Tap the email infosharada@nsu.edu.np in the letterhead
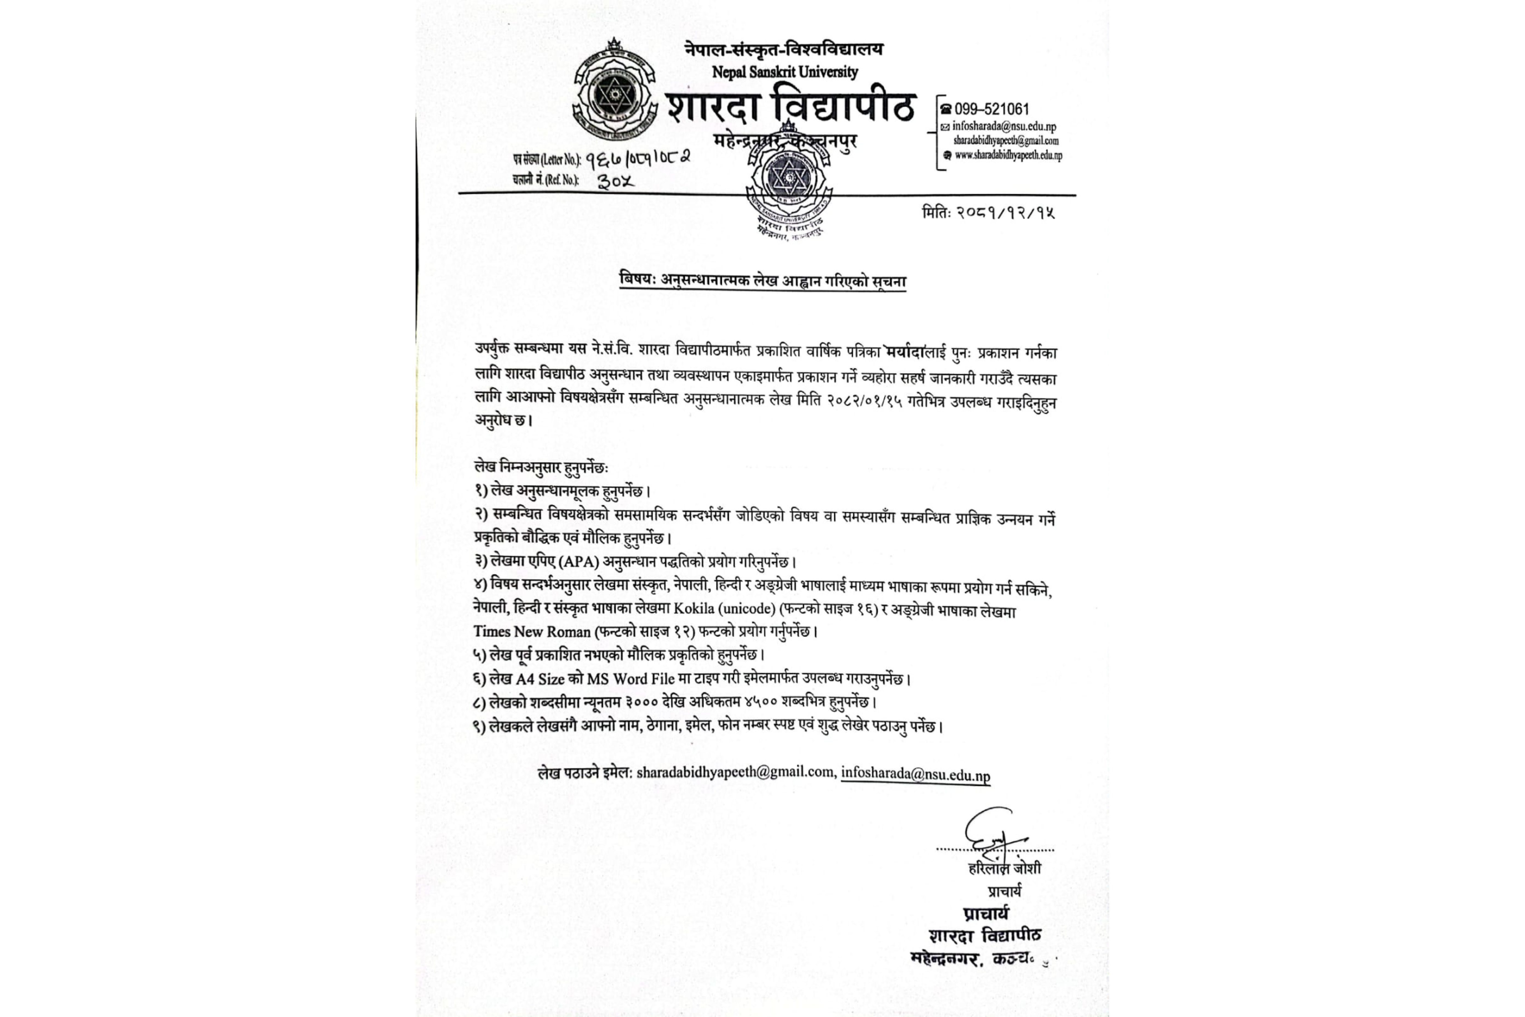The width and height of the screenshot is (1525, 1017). pos(1004,127)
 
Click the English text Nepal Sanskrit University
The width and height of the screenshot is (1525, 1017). pos(784,72)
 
